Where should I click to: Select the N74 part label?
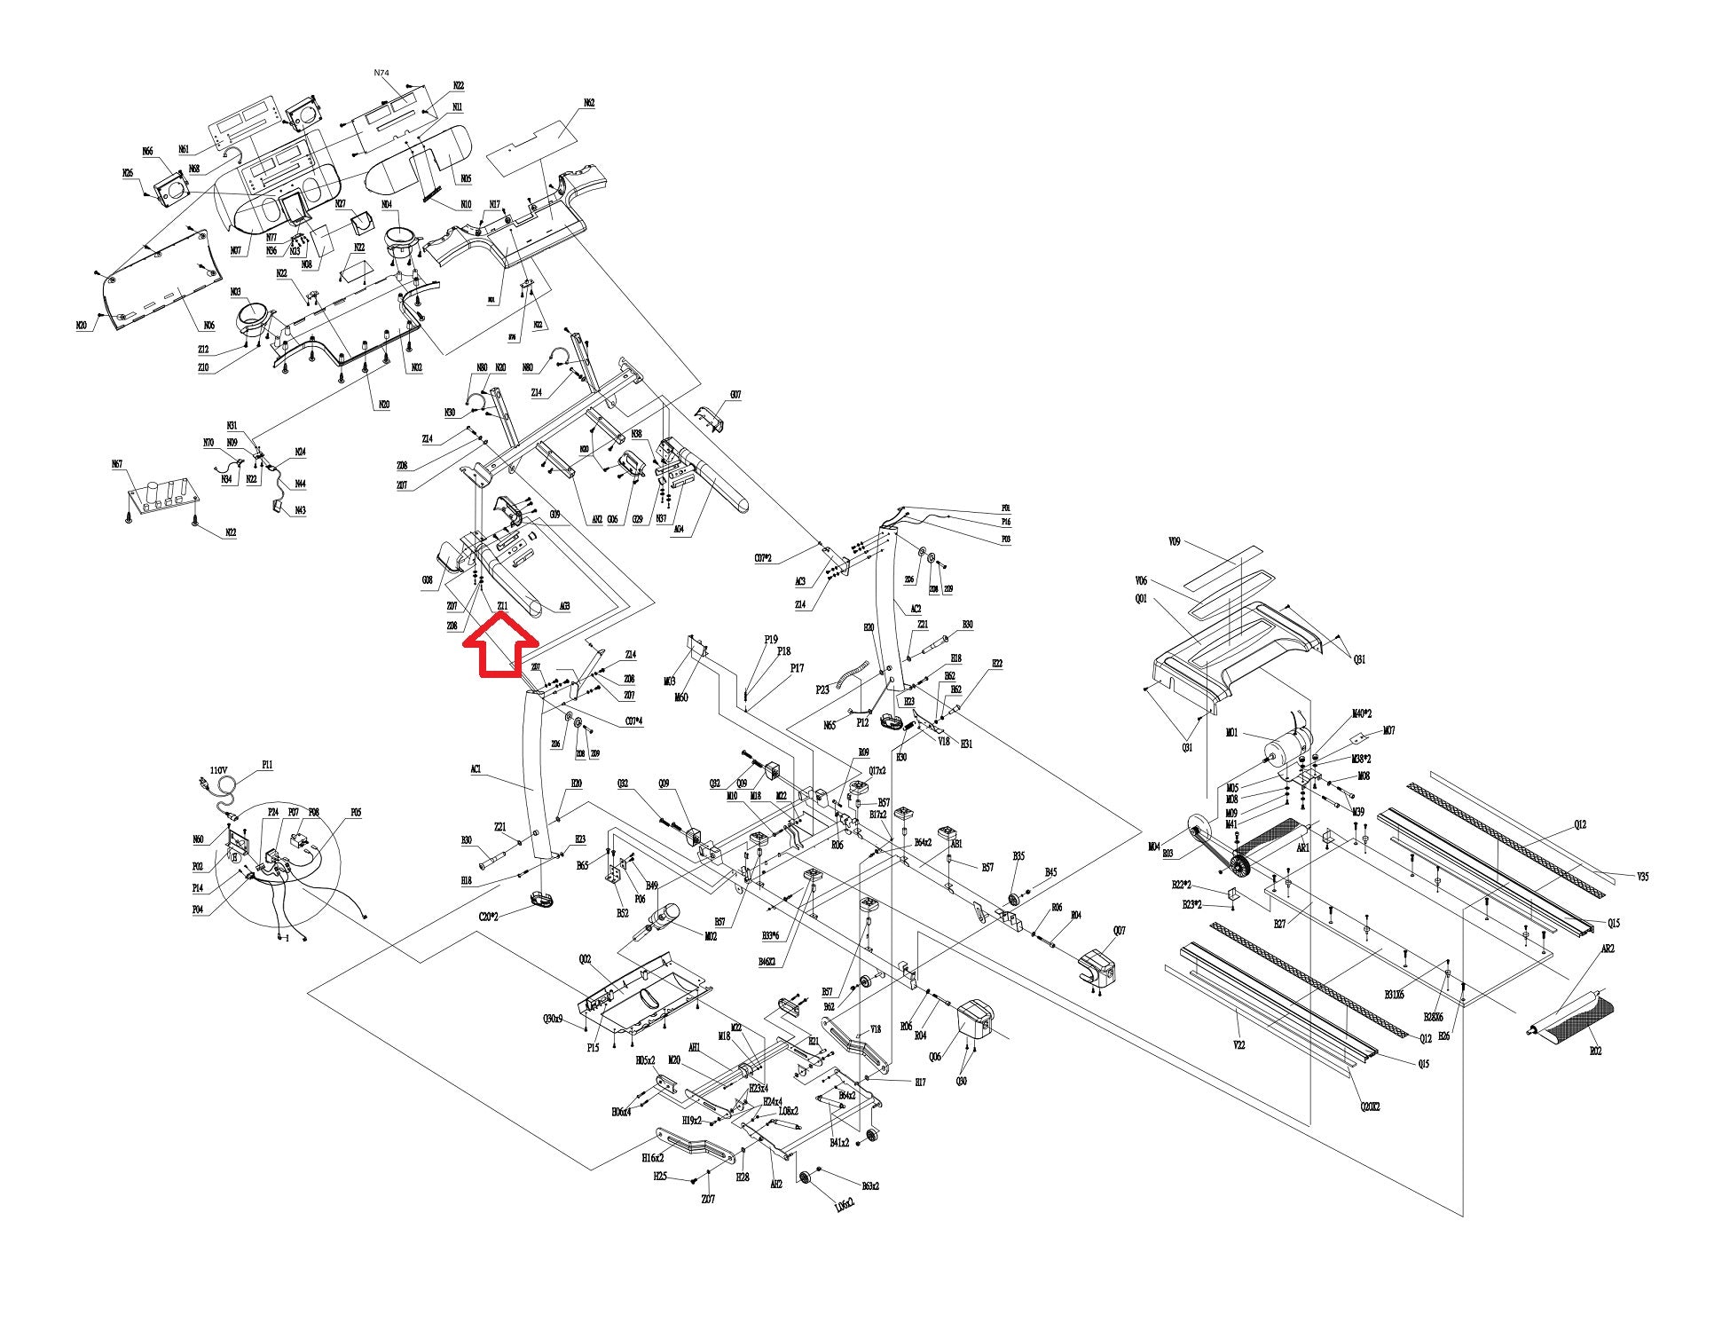[381, 73]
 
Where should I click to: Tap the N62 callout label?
[589, 104]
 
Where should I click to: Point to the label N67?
[116, 464]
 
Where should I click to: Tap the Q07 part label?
[1119, 931]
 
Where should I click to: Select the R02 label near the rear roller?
[1595, 1051]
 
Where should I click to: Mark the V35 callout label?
[1643, 877]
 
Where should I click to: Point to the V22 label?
[1239, 1045]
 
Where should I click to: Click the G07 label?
[735, 395]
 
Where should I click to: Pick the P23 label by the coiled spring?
[822, 689]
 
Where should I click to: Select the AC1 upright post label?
[476, 770]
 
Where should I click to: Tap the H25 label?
[660, 1177]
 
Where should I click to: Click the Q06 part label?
[934, 1057]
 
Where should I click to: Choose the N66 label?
[147, 152]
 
